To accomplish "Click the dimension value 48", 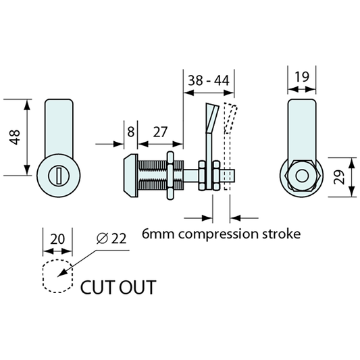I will pos(15,138).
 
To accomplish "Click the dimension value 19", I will pos(303,78).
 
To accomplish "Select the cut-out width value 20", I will pos(57,238).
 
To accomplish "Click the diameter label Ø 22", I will pos(111,238).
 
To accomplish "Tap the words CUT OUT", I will pos(118,287).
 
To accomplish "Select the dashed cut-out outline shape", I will pos(57,276).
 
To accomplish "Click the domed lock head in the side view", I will pos(130,177).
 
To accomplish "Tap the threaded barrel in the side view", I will pos(152,177).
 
